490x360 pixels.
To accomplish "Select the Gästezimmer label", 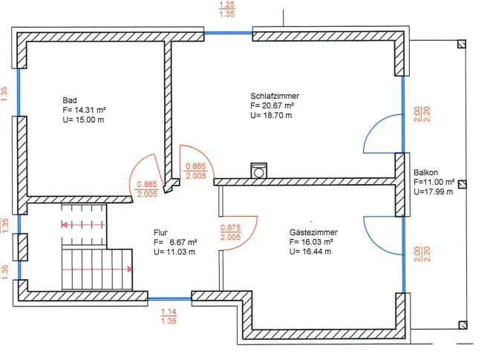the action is tap(310, 232).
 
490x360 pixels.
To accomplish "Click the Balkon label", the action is tap(426, 171).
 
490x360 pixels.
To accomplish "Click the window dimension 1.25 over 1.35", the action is tap(227, 9).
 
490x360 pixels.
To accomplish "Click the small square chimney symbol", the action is tap(259, 171).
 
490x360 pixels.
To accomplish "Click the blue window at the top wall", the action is tap(228, 33).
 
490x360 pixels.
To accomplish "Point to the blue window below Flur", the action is tap(169, 298).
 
